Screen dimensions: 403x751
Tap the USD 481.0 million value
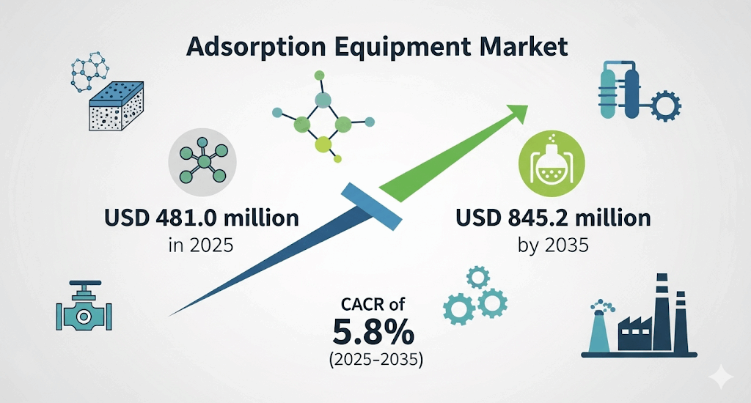202,218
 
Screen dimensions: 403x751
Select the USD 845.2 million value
553,218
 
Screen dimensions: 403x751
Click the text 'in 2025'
201,245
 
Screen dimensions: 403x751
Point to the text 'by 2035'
553,245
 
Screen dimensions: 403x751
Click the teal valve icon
84,308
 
